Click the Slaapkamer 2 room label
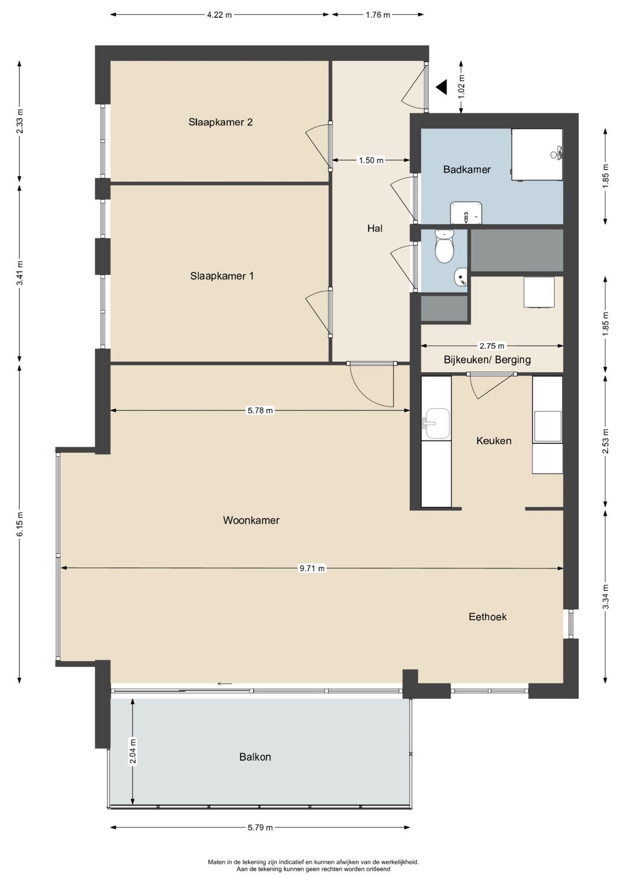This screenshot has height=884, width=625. pyautogui.click(x=220, y=122)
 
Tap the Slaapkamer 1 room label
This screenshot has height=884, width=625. pyautogui.click(x=222, y=276)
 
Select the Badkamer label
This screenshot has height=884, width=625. pyautogui.click(x=467, y=169)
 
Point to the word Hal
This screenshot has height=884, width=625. pyautogui.click(x=374, y=228)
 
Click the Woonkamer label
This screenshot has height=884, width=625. pyautogui.click(x=251, y=520)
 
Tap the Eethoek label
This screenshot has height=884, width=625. pyautogui.click(x=487, y=617)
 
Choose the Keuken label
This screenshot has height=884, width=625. pyautogui.click(x=494, y=441)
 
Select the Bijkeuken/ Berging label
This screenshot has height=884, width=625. pyautogui.click(x=487, y=360)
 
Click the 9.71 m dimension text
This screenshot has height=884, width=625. pyautogui.click(x=312, y=568)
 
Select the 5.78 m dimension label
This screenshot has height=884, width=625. pyautogui.click(x=260, y=410)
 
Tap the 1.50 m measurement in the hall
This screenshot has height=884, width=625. pyautogui.click(x=370, y=160)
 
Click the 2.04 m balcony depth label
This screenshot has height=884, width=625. pyautogui.click(x=133, y=751)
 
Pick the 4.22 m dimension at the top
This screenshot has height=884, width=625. pyautogui.click(x=219, y=15)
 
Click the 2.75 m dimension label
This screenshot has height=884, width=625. pyautogui.click(x=492, y=346)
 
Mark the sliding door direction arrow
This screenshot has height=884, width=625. pyautogui.click(x=225, y=684)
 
